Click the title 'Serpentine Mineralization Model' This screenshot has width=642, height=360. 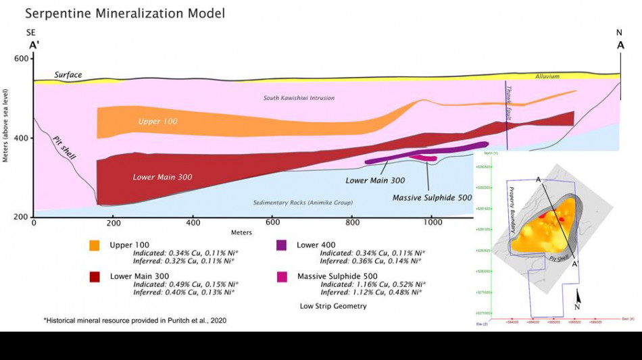(125, 13)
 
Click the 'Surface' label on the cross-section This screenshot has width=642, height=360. (68, 75)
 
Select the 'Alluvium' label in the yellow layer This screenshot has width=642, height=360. (547, 76)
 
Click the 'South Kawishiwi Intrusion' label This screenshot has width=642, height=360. (299, 98)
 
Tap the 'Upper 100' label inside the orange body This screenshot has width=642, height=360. (158, 122)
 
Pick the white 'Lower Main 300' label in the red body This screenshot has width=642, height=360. (162, 177)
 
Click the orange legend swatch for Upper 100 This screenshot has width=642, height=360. (95, 245)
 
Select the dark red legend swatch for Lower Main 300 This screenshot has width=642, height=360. (95, 276)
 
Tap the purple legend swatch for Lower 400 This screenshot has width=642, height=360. (283, 245)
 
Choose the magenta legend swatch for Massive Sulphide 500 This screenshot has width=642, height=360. (283, 276)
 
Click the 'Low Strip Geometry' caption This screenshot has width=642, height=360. (334, 306)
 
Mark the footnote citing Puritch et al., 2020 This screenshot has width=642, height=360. (135, 320)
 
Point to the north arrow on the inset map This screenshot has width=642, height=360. (578, 298)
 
